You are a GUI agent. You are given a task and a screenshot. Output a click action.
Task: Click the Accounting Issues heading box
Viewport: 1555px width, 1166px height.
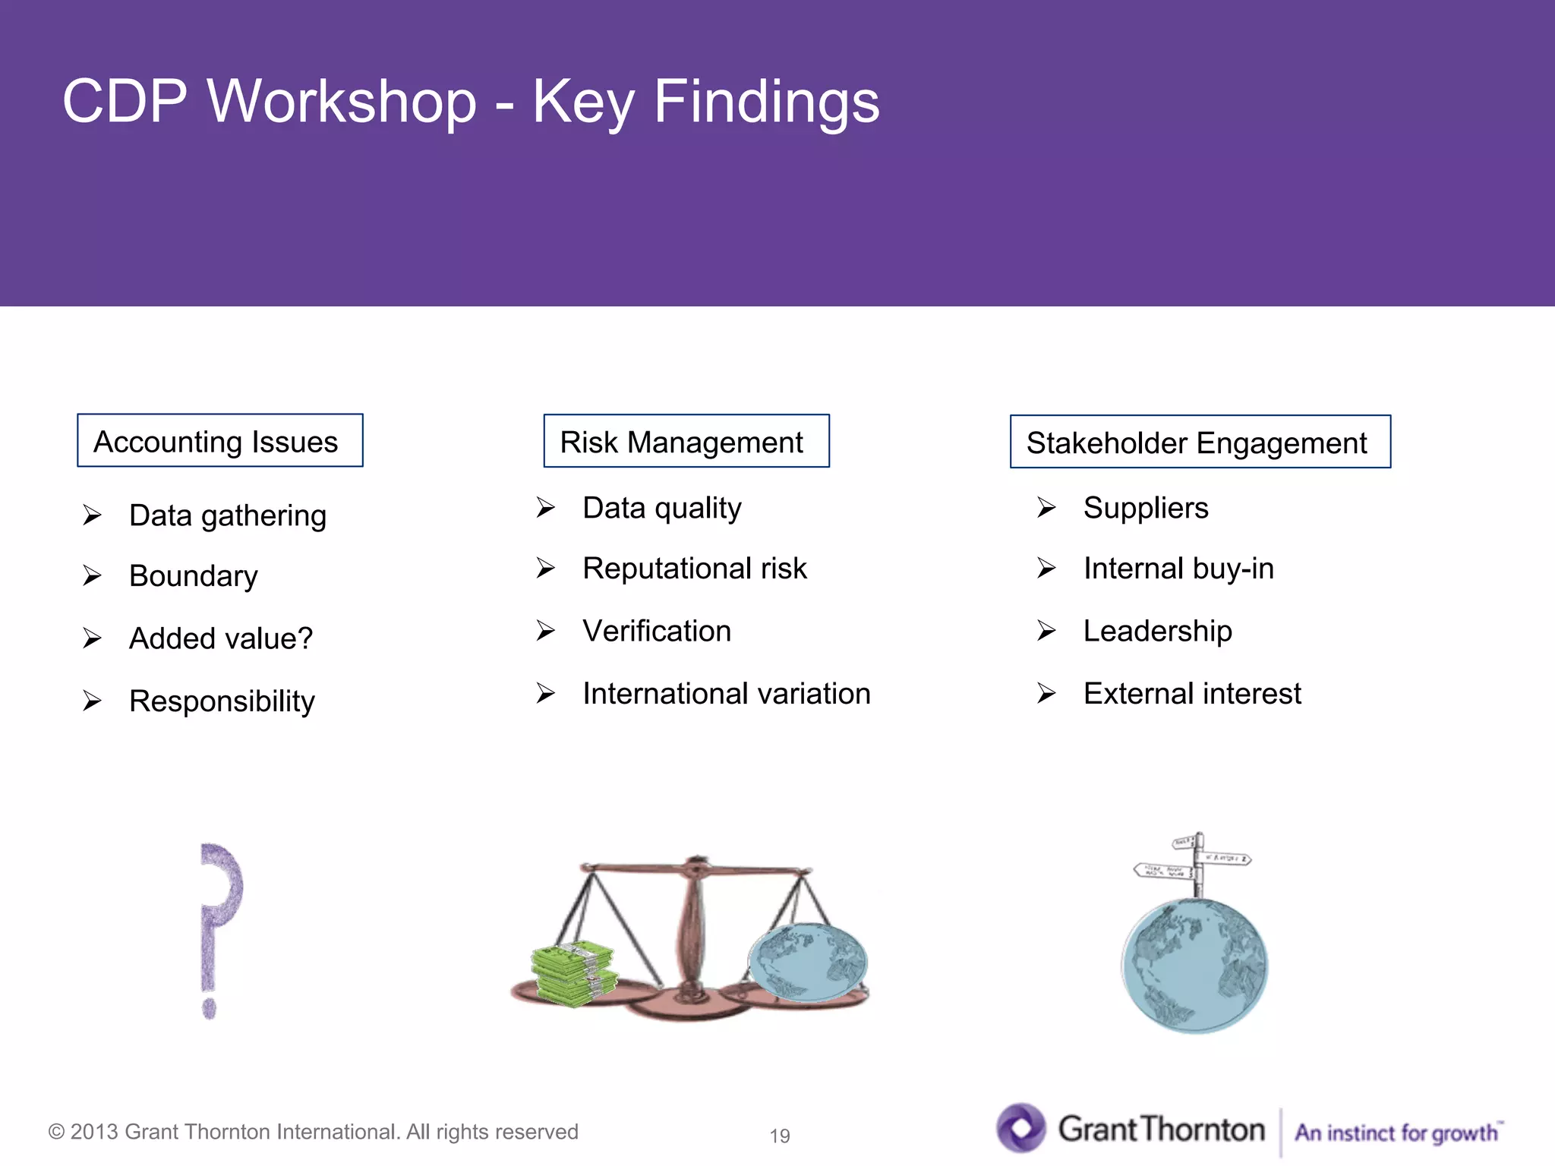click(x=219, y=441)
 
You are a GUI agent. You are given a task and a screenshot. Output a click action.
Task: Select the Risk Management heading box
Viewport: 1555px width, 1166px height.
click(x=686, y=442)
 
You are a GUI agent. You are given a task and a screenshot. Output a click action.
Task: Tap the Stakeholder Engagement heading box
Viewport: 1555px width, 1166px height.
click(x=1200, y=443)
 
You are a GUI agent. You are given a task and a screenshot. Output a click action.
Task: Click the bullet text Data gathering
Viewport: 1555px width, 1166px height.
click(x=227, y=516)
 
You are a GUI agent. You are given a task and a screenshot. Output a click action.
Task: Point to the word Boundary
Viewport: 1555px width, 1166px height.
click(x=193, y=576)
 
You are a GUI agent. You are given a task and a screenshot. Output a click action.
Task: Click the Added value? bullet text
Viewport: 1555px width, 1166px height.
click(x=220, y=638)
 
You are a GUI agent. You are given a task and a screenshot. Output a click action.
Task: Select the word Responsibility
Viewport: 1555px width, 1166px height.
click(x=222, y=701)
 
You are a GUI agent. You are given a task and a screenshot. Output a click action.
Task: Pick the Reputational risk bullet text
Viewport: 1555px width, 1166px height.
click(x=694, y=569)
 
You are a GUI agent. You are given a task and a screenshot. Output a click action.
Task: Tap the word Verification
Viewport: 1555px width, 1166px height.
click(x=656, y=631)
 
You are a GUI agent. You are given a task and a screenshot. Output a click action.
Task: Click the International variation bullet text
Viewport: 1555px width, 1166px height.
click(x=726, y=694)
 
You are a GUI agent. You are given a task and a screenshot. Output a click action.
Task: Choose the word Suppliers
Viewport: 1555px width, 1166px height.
click(x=1145, y=508)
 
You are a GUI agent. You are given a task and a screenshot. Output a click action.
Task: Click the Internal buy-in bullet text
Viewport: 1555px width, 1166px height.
click(x=1178, y=569)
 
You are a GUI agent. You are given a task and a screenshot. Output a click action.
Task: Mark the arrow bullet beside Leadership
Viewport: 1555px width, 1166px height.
click(x=1046, y=631)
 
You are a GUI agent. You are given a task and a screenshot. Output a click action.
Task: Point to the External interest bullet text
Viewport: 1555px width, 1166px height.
click(x=1191, y=694)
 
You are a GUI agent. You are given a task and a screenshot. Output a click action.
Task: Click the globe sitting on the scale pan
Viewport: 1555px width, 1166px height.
click(x=808, y=963)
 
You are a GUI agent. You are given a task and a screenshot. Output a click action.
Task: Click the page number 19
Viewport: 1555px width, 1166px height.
click(x=779, y=1136)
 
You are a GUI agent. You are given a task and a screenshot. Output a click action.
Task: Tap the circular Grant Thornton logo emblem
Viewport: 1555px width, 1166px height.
click(x=1021, y=1127)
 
